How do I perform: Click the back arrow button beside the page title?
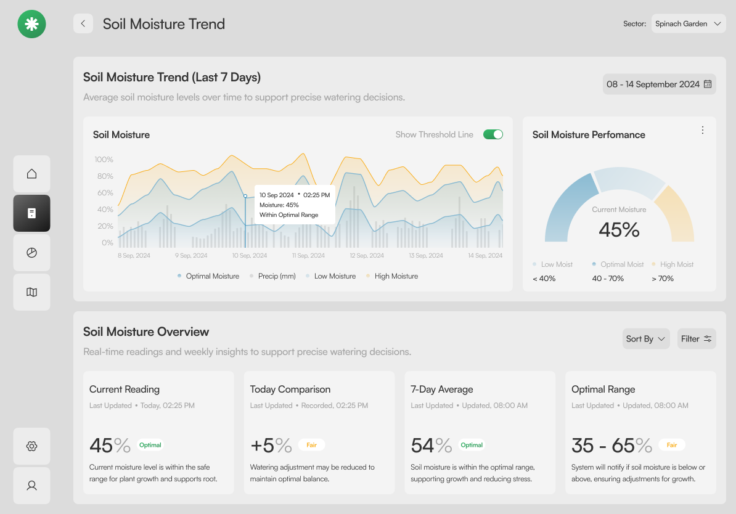pos(83,23)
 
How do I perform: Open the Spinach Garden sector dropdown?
pos(688,23)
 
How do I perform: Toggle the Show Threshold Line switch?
pos(493,135)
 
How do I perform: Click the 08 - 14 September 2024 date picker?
pos(659,84)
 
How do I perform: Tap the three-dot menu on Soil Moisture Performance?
pos(702,130)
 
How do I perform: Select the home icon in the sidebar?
pos(31,174)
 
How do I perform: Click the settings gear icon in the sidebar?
pos(31,446)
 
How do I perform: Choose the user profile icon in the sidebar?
pos(31,486)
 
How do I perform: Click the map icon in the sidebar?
pos(31,292)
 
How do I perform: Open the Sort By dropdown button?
pos(646,339)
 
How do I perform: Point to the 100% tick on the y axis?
pos(104,160)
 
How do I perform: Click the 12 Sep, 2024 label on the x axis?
pos(367,255)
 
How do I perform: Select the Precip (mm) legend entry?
pos(272,276)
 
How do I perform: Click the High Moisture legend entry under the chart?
pos(392,276)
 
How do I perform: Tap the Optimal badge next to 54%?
pos(472,445)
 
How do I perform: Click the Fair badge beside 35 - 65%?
pos(672,445)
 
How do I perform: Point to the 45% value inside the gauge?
pos(619,229)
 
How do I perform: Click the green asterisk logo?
pos(31,24)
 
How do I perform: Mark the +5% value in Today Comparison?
pos(271,446)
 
